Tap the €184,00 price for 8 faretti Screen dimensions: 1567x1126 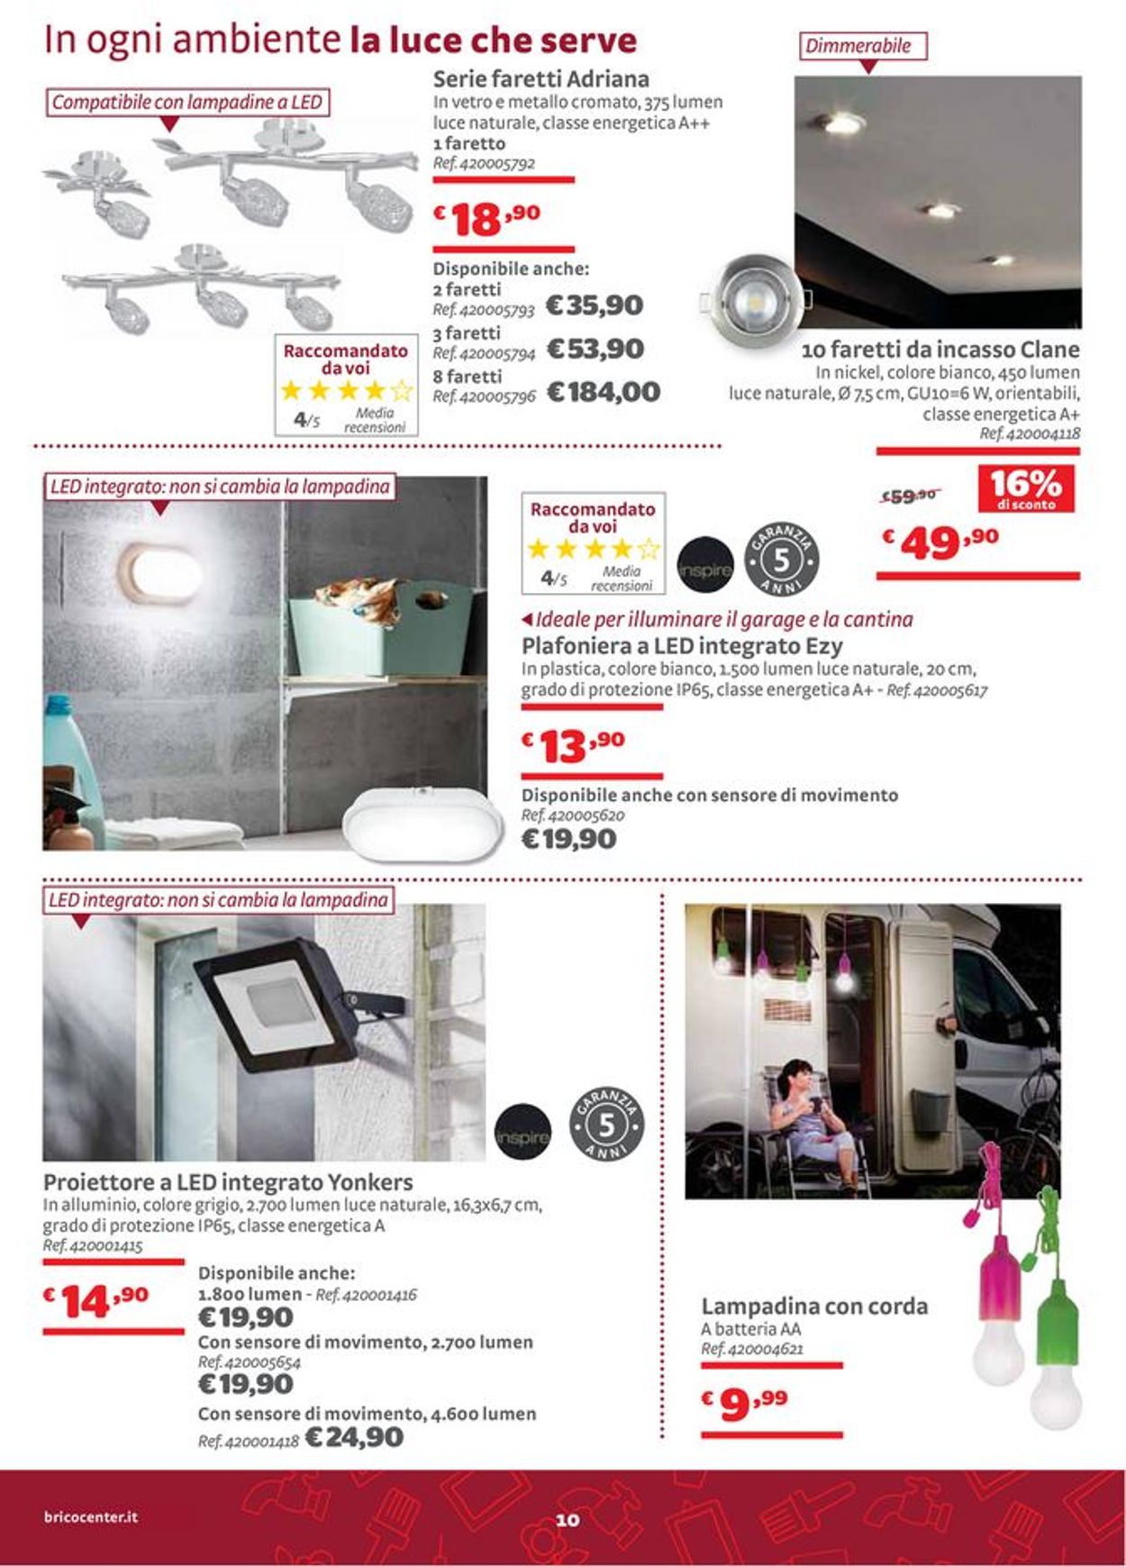coord(604,392)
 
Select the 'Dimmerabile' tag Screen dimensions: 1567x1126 coord(862,46)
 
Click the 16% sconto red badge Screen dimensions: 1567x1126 coord(1026,488)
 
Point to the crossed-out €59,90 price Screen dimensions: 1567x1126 coord(910,495)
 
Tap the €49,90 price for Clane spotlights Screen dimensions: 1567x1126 coord(940,542)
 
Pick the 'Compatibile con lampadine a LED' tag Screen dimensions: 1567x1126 coord(187,102)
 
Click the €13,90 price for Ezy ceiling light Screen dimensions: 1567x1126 coord(574,745)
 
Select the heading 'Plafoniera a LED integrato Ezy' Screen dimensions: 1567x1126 coord(682,646)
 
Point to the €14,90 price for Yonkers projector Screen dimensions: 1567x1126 coord(97,1300)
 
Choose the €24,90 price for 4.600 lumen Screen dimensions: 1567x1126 coord(354,1437)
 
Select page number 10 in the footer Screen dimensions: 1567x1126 coord(568,1520)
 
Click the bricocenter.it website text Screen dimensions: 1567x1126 coord(91,1517)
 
